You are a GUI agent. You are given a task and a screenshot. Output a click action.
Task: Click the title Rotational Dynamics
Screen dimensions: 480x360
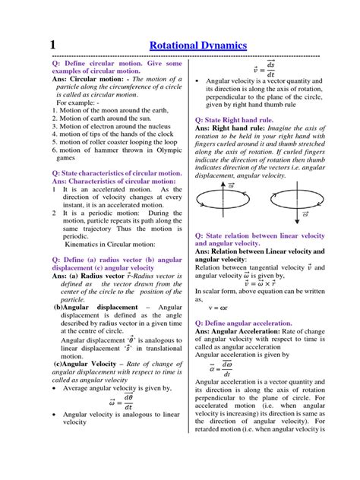tap(198, 46)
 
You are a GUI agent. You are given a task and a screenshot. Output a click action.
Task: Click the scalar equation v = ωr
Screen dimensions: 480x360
tap(220, 308)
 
